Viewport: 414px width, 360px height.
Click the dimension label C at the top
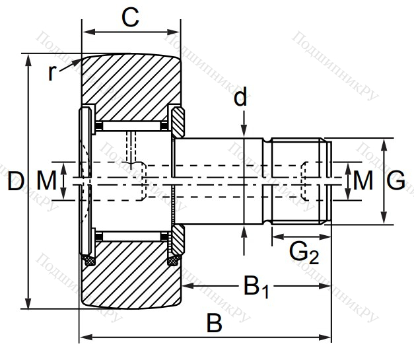click(131, 18)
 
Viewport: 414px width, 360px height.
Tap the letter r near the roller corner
click(53, 72)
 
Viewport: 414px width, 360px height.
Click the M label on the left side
click(46, 180)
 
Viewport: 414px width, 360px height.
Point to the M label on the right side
click(362, 180)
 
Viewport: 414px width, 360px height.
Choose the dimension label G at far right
click(396, 180)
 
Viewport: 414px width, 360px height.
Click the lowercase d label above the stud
click(241, 98)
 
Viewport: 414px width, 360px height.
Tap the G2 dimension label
click(304, 252)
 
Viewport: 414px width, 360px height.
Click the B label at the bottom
click(214, 324)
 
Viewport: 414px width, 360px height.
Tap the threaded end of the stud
click(299, 180)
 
